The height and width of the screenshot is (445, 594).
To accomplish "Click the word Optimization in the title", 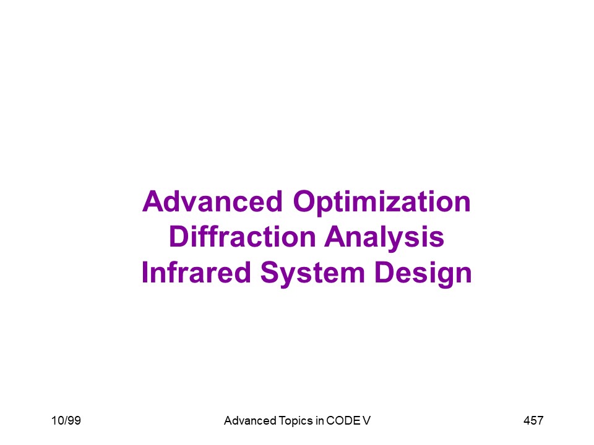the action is pyautogui.click(x=382, y=203).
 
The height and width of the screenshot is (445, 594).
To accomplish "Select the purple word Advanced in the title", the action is pyautogui.click(x=212, y=201).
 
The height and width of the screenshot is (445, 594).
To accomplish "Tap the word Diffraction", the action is pyautogui.click(x=243, y=237).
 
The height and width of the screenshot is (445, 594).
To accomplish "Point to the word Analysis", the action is pyautogui.click(x=384, y=239).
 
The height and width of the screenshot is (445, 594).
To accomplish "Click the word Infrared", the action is pyautogui.click(x=196, y=272).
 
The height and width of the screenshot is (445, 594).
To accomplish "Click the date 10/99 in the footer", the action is pyautogui.click(x=66, y=420).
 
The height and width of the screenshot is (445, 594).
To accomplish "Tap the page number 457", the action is pyautogui.click(x=533, y=420).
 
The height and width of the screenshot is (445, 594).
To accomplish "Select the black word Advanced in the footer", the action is pyautogui.click(x=250, y=420).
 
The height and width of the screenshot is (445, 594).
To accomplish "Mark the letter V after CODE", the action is pyautogui.click(x=366, y=420).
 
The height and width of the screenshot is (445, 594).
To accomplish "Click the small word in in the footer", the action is pyautogui.click(x=319, y=420).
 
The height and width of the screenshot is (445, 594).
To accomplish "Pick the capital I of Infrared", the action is pyautogui.click(x=144, y=272).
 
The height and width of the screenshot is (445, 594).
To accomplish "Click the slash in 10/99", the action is pyautogui.click(x=64, y=420).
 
